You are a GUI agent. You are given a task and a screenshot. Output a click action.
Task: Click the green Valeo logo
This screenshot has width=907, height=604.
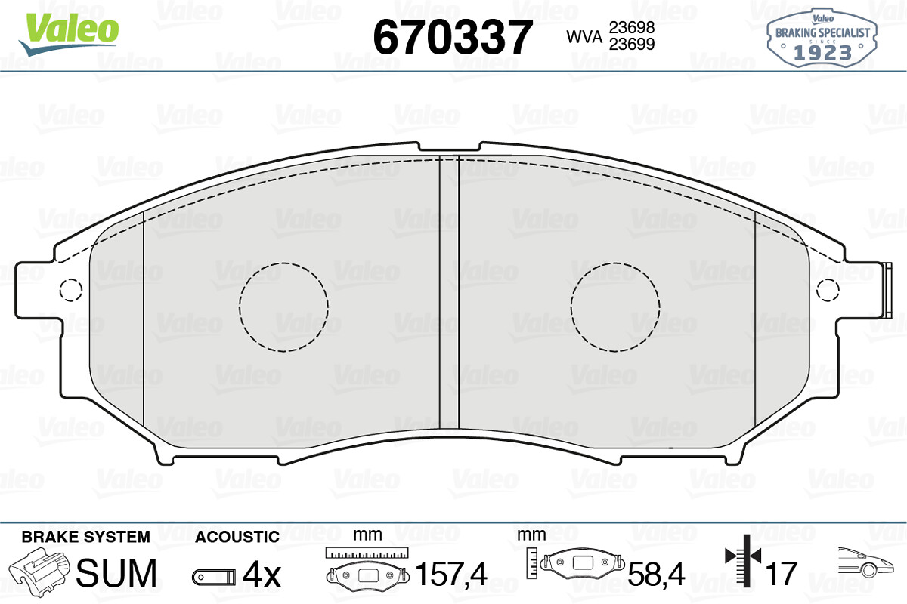tap(69, 34)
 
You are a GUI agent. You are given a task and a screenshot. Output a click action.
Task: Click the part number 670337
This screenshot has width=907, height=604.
tap(452, 37)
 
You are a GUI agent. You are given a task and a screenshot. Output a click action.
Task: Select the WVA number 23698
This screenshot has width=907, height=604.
tap(632, 27)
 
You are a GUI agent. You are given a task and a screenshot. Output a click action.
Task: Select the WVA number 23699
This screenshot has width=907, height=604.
tap(632, 44)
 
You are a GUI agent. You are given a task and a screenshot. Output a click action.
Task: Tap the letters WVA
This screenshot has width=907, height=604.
tap(584, 37)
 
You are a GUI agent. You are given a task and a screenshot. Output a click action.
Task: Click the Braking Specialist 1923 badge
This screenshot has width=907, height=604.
tap(822, 37)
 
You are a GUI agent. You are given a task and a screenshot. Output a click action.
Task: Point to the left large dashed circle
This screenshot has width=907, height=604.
tap(283, 263)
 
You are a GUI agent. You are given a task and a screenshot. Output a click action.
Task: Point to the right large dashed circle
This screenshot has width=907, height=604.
tap(615, 263)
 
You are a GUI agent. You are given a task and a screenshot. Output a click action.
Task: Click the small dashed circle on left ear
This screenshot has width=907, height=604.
tap(71, 279)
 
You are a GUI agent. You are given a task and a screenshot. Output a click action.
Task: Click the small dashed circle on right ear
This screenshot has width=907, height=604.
tap(828, 279)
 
